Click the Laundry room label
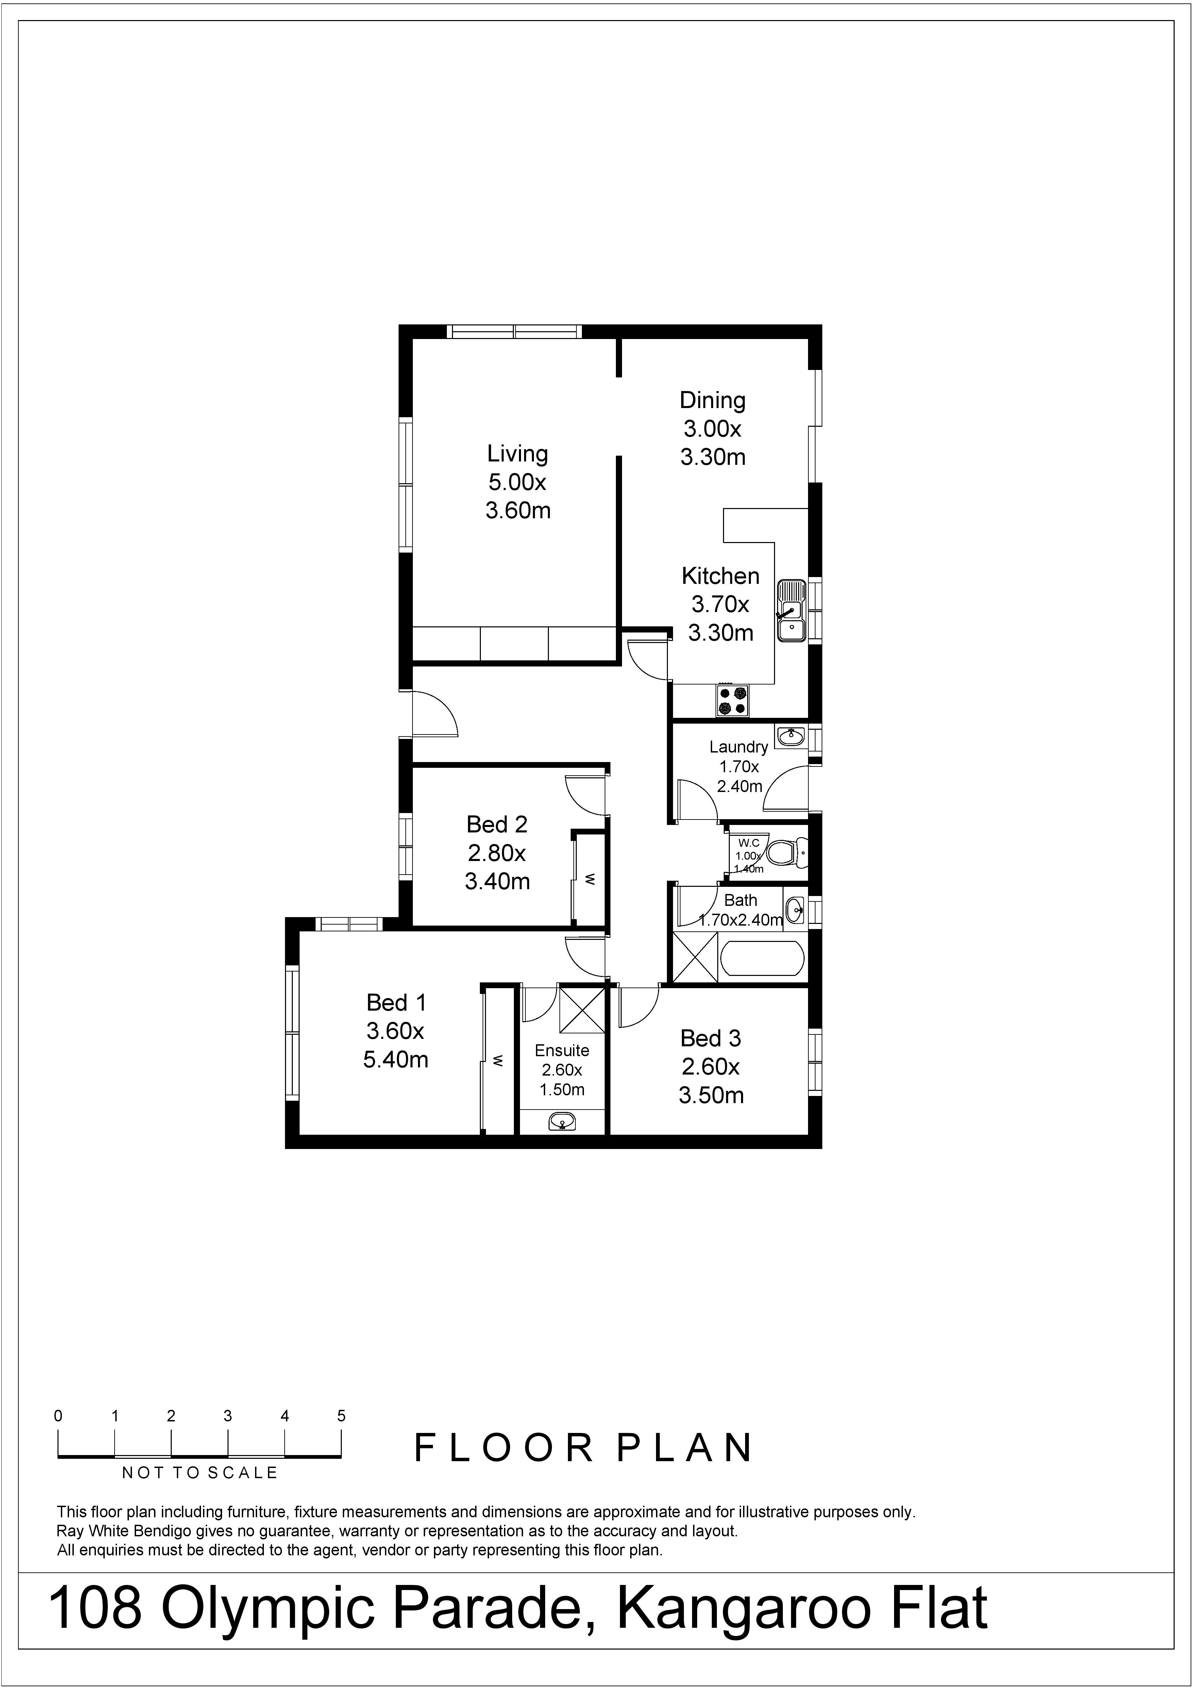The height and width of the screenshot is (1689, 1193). [x=738, y=747]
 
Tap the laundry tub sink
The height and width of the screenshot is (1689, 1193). [x=791, y=736]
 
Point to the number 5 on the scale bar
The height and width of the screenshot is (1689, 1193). [x=341, y=1415]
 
